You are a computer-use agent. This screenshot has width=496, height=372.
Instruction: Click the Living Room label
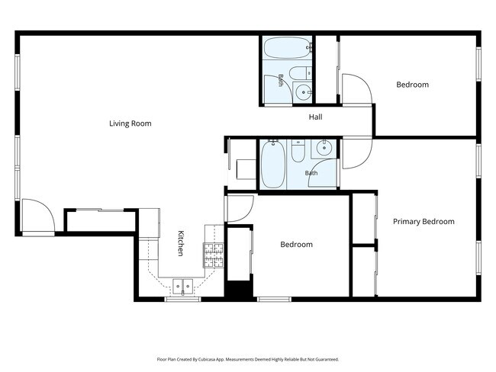tap(130, 123)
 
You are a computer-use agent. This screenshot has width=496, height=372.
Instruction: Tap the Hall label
tap(315, 117)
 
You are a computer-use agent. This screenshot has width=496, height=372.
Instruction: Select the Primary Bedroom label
tap(424, 221)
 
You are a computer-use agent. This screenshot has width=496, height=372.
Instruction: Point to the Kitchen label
tap(181, 243)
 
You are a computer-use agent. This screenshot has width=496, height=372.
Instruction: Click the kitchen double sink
tap(183, 287)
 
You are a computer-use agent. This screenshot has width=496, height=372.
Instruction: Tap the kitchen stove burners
tap(213, 255)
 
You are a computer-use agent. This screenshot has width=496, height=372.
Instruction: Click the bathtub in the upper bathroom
tap(287, 48)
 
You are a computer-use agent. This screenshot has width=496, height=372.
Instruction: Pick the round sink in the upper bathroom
tap(303, 92)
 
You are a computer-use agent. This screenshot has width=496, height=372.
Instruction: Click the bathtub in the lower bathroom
tap(273, 165)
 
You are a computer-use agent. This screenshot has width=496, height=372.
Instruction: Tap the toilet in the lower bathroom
tap(298, 151)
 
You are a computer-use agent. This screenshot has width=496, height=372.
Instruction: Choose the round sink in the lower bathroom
tap(324, 148)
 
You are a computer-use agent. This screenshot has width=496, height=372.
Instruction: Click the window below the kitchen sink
tap(183, 299)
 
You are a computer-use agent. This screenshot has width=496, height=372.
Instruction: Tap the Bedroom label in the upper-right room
tap(413, 85)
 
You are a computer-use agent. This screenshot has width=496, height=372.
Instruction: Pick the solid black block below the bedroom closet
tap(239, 289)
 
